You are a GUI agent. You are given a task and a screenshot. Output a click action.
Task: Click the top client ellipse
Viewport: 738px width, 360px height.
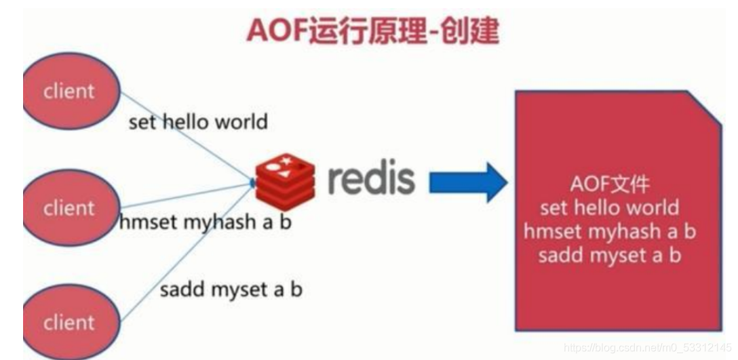tap(68, 91)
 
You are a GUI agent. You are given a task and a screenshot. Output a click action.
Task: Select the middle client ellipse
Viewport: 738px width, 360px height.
tap(68, 207)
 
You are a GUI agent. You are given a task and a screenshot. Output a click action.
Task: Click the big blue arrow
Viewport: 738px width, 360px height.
tap(468, 182)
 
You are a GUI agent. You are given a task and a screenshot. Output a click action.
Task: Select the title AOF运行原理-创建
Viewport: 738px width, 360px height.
tap(372, 30)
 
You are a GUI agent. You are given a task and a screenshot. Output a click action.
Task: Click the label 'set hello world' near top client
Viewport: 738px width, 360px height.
tap(198, 122)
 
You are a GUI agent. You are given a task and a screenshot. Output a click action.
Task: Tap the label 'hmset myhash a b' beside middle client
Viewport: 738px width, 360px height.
tap(204, 221)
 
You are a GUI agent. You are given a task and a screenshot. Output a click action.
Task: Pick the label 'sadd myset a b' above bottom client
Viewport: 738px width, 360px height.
tap(231, 290)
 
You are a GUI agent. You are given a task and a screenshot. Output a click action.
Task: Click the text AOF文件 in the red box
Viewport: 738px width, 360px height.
tap(609, 184)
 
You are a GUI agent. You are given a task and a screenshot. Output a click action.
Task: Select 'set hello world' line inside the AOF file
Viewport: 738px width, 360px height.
tap(609, 207)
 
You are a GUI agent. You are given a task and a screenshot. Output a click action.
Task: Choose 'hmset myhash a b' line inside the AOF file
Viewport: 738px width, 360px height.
tap(609, 231)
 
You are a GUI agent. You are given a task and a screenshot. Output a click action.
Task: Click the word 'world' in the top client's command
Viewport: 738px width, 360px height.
tap(241, 122)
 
